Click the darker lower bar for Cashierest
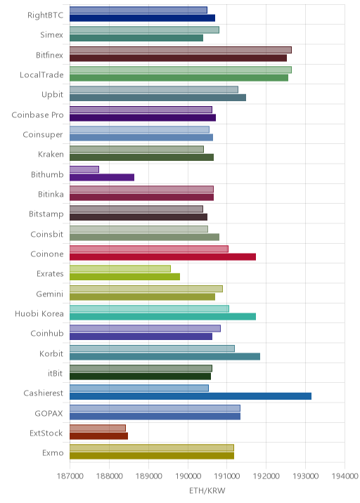click(191, 396)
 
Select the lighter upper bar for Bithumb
click(84, 169)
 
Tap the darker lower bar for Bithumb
click(102, 178)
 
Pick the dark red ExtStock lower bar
click(98, 436)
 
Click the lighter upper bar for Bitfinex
click(181, 50)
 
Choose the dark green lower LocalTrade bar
click(179, 78)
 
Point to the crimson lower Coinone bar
click(163, 257)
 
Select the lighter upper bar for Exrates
click(120, 268)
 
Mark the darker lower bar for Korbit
click(165, 356)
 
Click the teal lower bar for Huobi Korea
click(163, 317)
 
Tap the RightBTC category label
click(45, 15)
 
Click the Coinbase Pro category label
click(37, 115)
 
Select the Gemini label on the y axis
click(50, 294)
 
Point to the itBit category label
click(56, 374)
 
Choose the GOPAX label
click(49, 414)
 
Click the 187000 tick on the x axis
click(70, 476)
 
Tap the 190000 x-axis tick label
click(188, 476)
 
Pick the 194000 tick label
click(345, 476)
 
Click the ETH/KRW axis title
click(207, 491)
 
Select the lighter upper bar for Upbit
click(154, 89)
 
